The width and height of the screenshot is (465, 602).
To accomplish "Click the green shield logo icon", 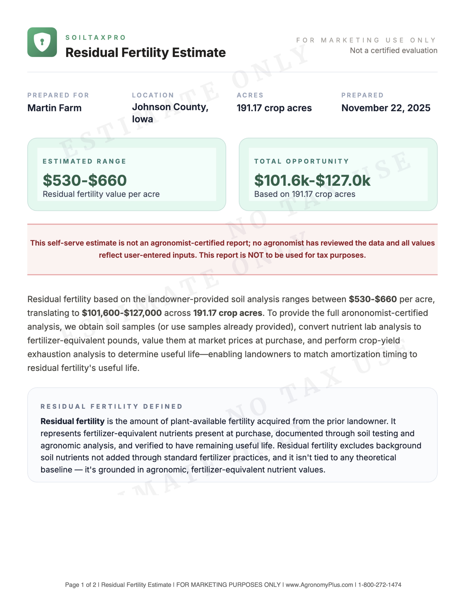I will pos(42,42).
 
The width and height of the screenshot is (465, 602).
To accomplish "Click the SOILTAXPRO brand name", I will pos(95,37).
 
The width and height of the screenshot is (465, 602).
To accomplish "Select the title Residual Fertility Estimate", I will pos(146,53).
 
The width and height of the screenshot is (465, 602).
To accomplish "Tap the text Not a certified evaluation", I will pos(393,51).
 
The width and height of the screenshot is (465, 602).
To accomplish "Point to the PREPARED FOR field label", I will pos(58,95).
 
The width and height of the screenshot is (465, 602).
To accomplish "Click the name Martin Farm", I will pos(55,108).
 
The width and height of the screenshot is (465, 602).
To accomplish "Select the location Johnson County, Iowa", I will pos(170,113).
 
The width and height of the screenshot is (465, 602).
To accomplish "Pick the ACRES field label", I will pos(250,95).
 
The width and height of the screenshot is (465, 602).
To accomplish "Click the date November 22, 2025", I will pos(386,108).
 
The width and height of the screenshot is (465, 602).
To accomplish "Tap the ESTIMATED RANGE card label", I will pos(84,161).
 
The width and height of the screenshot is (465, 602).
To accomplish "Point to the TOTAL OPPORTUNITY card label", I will pos(301,161).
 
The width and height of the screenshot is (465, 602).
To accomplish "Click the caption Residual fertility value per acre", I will pos(101,194).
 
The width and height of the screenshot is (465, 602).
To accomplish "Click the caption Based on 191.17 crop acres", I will pos(305,194).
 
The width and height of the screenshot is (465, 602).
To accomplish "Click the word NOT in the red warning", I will pos(255,255).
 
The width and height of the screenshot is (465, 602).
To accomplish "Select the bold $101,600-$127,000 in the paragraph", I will pos(122,313).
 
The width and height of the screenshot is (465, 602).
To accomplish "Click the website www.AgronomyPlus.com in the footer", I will pos(319,585).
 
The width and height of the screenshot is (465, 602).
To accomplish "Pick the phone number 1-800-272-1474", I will pos(380,585).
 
